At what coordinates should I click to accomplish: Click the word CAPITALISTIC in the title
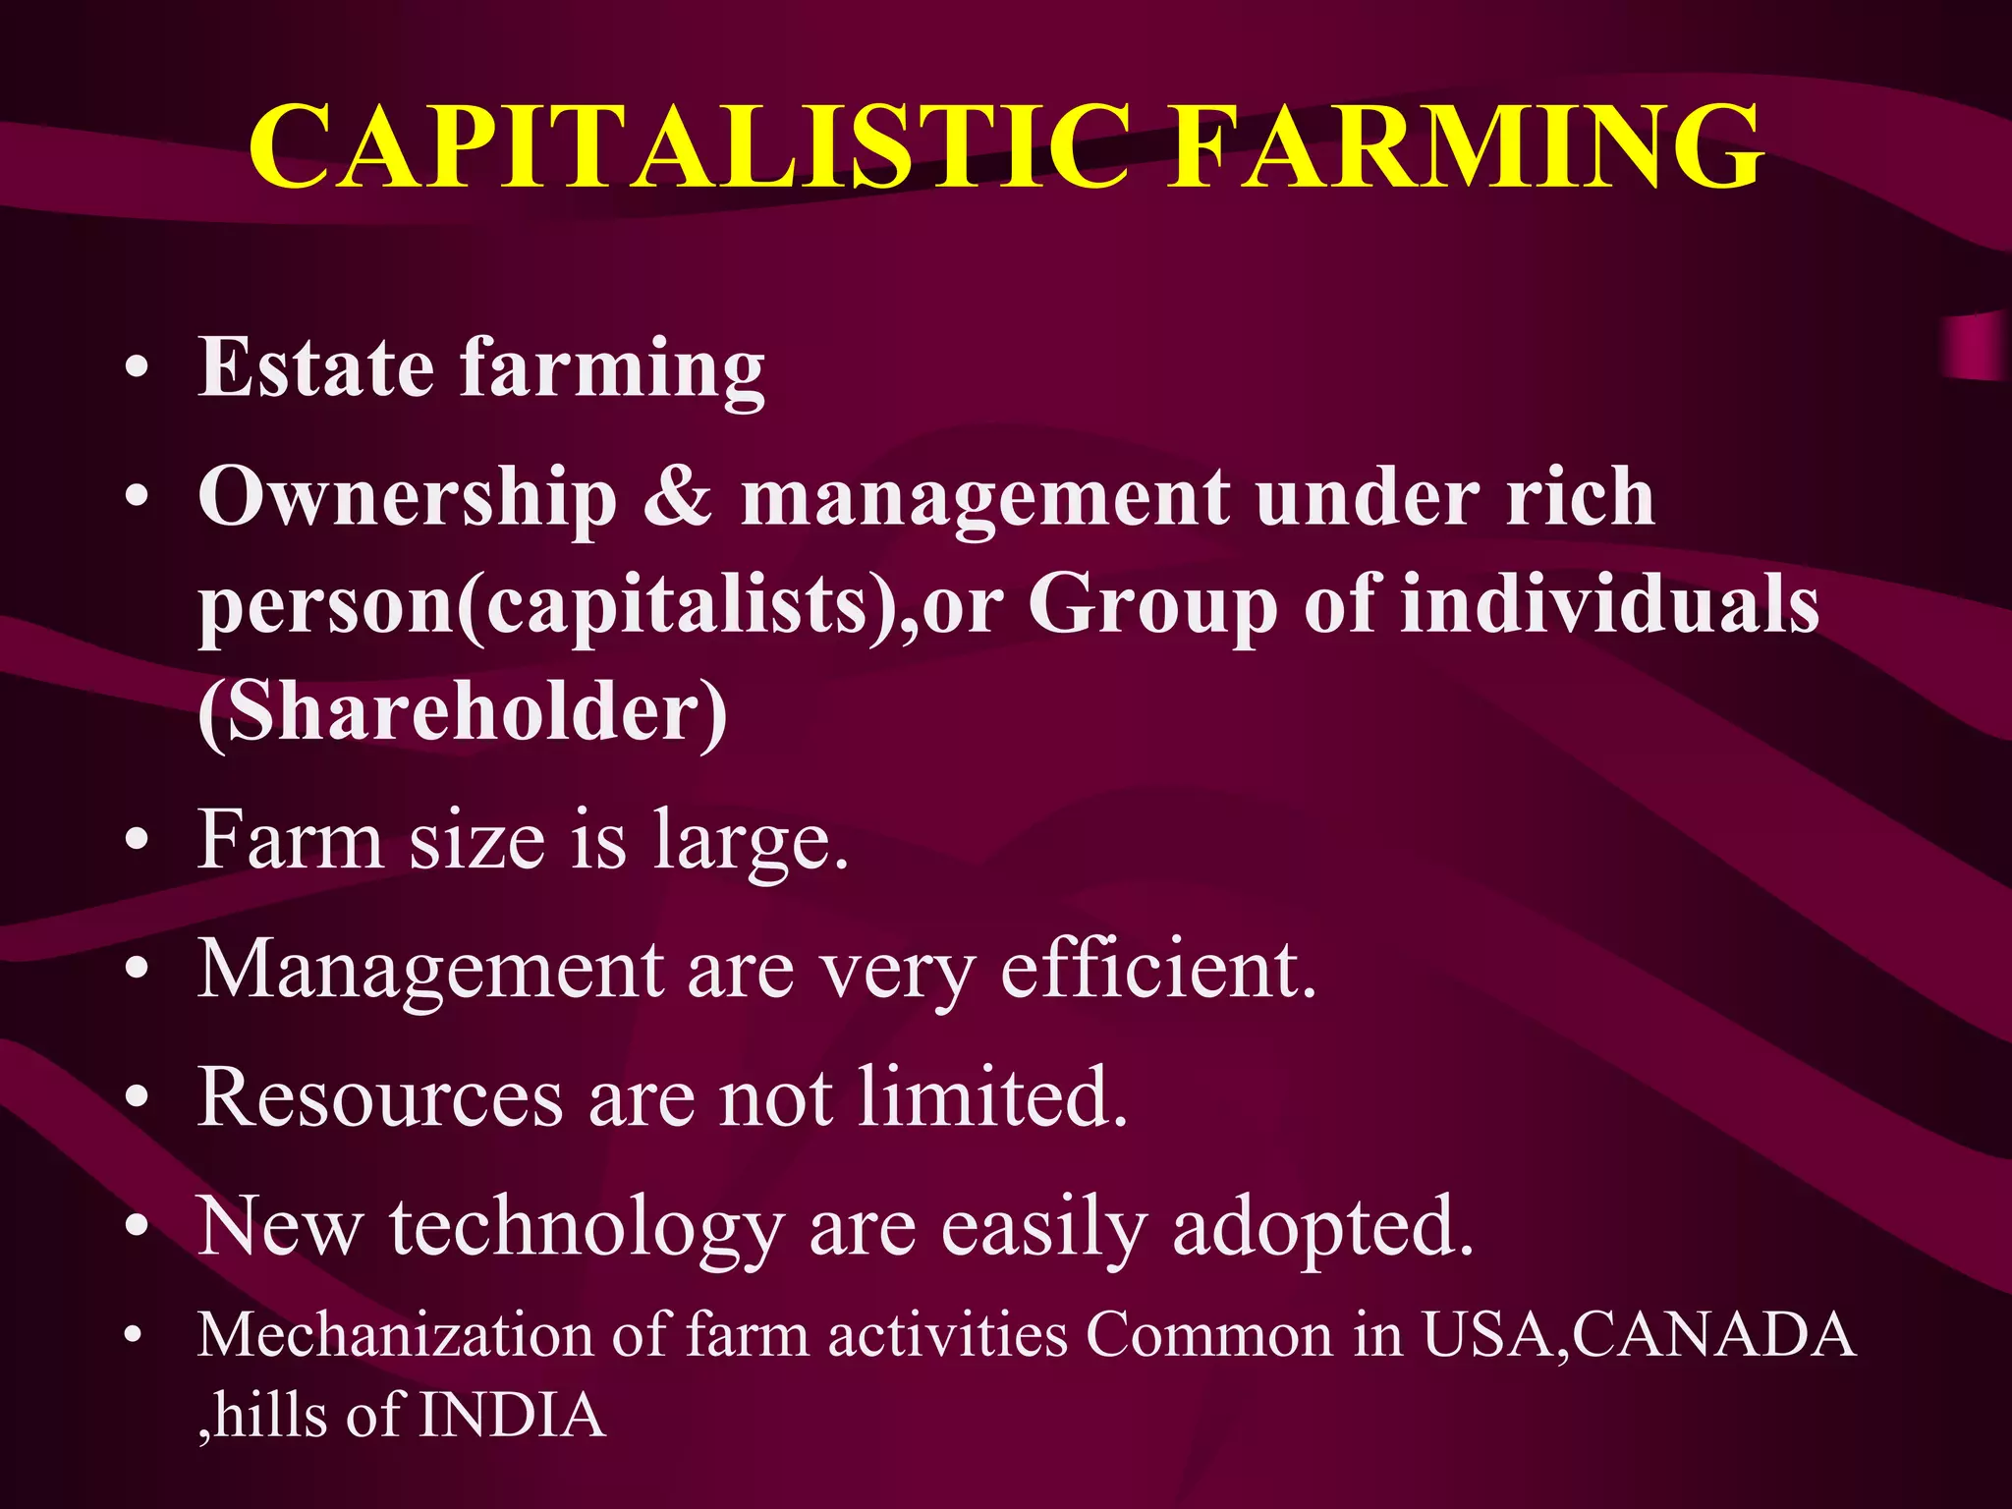(688, 147)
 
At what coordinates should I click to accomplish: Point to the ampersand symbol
(678, 497)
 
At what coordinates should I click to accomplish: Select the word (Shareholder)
(463, 712)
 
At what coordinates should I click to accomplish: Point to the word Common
(1209, 1336)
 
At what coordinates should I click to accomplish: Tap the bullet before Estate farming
(138, 369)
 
